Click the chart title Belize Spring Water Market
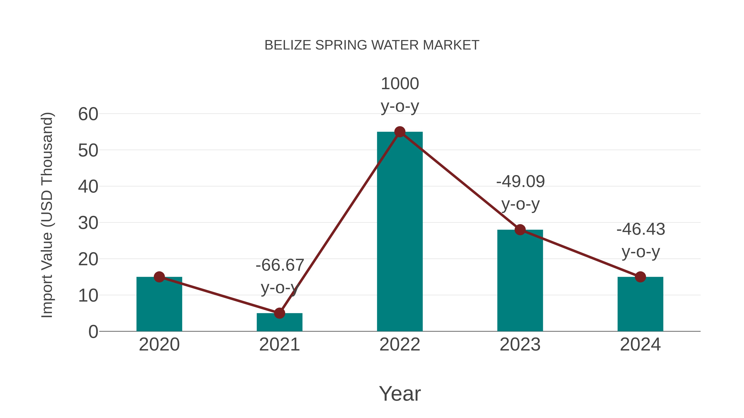372,45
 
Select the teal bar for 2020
159,306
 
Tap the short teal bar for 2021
279,323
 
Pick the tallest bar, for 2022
400,231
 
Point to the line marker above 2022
400,132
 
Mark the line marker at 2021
279,313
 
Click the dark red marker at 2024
640,277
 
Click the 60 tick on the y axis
88,114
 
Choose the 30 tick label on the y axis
88,223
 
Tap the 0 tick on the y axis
93,332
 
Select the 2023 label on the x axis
520,345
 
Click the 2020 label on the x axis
159,345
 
